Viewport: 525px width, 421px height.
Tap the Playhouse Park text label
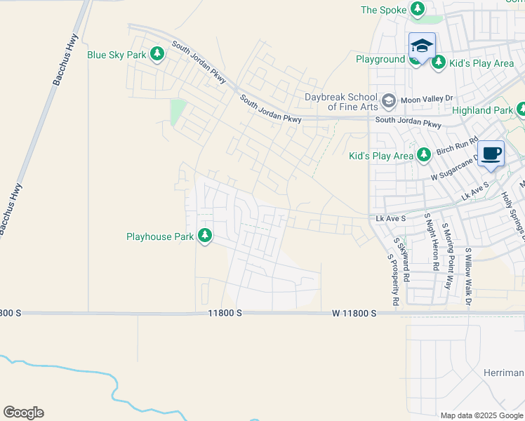pyautogui.click(x=159, y=236)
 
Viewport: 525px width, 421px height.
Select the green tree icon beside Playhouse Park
pyautogui.click(x=205, y=236)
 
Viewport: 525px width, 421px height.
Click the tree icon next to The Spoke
pyautogui.click(x=418, y=10)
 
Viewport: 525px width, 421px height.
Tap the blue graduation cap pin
pyautogui.click(x=422, y=46)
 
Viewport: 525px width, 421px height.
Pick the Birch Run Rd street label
pyautogui.click(x=457, y=147)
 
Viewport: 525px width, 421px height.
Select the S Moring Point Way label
pyautogui.click(x=448, y=257)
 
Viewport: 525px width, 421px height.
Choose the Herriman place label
pyautogui.click(x=504, y=372)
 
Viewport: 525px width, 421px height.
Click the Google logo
pyautogui.click(x=23, y=413)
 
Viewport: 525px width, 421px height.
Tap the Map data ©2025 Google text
pyautogui.click(x=481, y=415)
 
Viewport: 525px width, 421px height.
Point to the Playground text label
pyautogui.click(x=380, y=60)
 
